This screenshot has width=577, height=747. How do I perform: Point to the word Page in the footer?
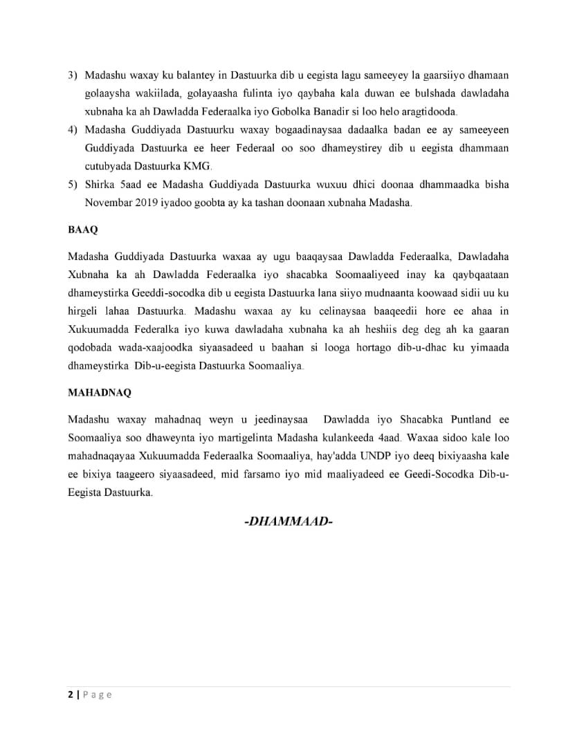pos(98,695)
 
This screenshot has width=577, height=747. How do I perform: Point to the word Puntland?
pos(470,419)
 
